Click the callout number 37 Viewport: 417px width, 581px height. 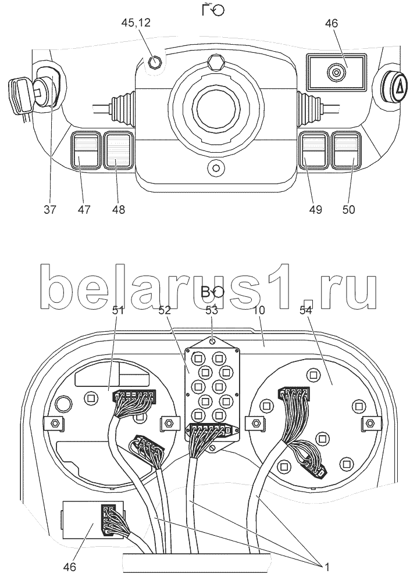tap(50, 209)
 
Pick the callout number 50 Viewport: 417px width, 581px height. tap(349, 209)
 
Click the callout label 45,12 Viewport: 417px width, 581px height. tap(135, 23)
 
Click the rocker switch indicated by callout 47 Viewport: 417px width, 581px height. tap(85, 150)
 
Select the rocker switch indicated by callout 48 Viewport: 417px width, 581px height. tap(118, 150)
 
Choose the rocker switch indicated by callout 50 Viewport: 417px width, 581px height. tap(347, 150)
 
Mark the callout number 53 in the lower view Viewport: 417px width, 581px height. tap(213, 311)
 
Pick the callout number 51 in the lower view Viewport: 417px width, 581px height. tap(118, 311)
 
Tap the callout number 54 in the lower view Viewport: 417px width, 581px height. tap(306, 311)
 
